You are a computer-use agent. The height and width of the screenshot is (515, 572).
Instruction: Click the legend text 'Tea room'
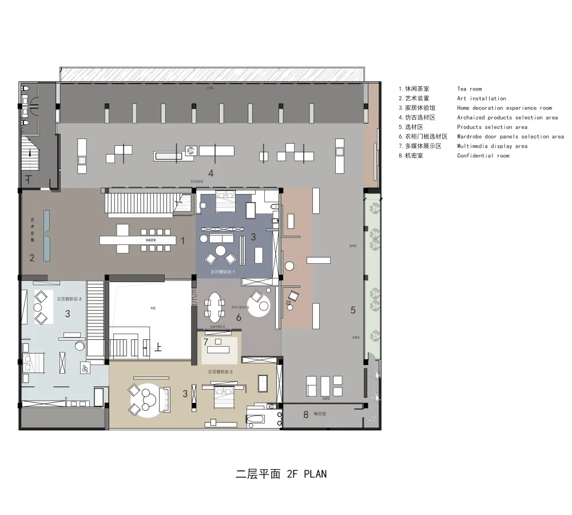click(469, 89)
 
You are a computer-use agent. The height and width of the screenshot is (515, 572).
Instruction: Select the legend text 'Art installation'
click(481, 98)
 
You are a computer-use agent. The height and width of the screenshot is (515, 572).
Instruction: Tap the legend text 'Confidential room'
click(483, 156)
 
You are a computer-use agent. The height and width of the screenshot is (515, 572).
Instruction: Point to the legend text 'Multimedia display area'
click(492, 146)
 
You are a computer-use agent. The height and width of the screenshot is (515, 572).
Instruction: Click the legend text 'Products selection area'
click(492, 127)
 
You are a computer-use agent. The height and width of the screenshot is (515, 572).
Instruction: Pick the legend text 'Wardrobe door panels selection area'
click(510, 137)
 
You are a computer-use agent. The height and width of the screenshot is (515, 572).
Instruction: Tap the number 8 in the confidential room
click(305, 414)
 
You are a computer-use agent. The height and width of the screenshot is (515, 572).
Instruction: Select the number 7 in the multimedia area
click(205, 342)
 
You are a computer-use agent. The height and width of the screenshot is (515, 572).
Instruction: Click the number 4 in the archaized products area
click(210, 173)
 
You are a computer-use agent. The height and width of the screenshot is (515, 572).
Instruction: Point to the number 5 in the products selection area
click(353, 310)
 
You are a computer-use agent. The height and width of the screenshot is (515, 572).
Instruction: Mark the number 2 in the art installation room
click(32, 258)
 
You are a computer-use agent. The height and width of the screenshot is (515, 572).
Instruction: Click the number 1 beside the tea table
click(182, 241)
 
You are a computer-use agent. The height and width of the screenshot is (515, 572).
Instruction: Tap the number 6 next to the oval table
click(239, 316)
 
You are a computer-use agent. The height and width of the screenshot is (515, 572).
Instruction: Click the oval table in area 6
click(215, 308)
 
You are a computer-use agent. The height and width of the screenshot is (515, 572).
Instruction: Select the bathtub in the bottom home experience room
click(256, 419)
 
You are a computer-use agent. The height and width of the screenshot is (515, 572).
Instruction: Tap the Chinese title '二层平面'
click(256, 474)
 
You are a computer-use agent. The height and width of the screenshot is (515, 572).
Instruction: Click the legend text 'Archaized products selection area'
click(507, 117)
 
